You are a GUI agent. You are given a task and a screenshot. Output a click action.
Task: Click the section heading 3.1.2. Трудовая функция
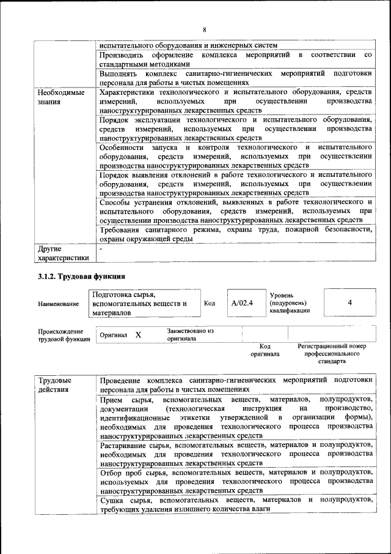[81, 276]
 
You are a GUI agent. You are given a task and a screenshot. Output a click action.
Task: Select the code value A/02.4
[242, 302]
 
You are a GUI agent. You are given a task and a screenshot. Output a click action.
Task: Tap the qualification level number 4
[349, 302]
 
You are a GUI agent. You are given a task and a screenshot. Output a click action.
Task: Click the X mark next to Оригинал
[138, 335]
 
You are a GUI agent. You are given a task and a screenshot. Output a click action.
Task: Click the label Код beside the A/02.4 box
[209, 302]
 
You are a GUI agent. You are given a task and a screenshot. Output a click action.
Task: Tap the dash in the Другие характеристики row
[102, 249]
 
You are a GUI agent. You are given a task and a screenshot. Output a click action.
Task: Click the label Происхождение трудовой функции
[64, 335]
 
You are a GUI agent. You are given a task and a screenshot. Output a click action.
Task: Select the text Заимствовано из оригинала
[190, 334]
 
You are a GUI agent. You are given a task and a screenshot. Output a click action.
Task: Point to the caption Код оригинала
[265, 350]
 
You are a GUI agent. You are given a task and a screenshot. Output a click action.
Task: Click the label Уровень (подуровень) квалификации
[289, 302]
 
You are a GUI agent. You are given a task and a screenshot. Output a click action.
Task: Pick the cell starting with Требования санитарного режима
[236, 234]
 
